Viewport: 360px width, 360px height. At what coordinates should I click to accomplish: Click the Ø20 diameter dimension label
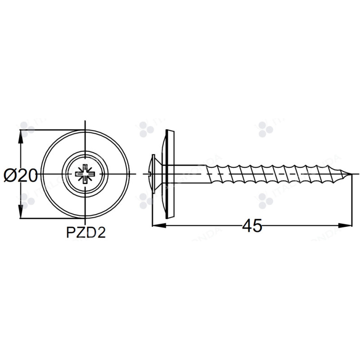pyautogui.click(x=21, y=175)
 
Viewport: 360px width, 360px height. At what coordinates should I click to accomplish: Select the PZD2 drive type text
pyautogui.click(x=85, y=233)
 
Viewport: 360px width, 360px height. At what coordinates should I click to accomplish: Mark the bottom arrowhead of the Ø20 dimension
pyautogui.click(x=20, y=213)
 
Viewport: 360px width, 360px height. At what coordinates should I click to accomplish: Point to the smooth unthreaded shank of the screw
pyautogui.click(x=189, y=174)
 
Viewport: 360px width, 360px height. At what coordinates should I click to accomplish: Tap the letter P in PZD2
pyautogui.click(x=70, y=233)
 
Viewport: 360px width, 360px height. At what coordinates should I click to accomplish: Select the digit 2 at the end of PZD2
pyautogui.click(x=101, y=233)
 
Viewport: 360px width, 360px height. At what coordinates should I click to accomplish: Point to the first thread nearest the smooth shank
pyautogui.click(x=211, y=174)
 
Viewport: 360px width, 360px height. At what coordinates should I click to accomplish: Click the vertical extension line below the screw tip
pyautogui.click(x=351, y=202)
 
